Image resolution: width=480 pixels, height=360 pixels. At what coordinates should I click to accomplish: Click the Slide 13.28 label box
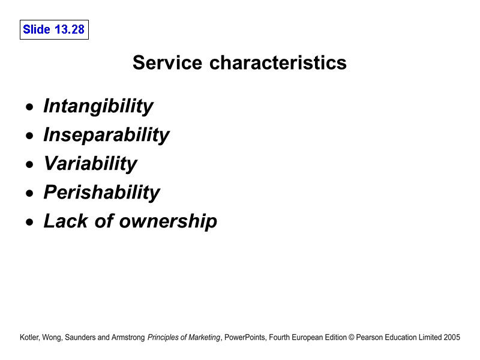tap(54, 29)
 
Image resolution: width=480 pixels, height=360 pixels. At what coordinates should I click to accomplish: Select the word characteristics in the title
tap(278, 62)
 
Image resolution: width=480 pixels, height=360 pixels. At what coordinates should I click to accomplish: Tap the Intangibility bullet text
tap(98, 106)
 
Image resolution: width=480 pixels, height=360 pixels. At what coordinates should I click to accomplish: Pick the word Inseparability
tap(106, 135)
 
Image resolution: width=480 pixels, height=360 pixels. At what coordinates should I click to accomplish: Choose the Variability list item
tap(90, 164)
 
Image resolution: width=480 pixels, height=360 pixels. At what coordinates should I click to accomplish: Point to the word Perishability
tap(101, 193)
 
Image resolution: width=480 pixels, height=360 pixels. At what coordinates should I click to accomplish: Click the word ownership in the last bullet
tap(168, 221)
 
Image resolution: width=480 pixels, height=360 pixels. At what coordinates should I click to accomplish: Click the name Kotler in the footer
tap(31, 338)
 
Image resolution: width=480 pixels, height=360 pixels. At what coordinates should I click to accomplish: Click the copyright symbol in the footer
tap(351, 338)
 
